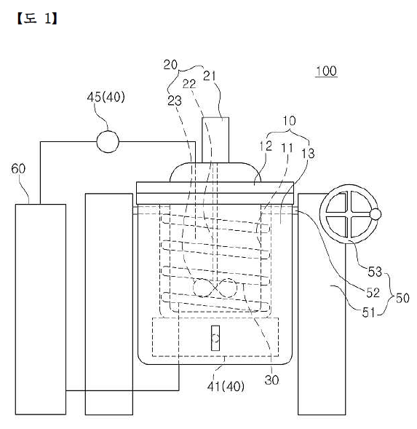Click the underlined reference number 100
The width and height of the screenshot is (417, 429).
point(326,71)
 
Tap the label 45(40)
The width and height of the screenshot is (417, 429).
point(106,97)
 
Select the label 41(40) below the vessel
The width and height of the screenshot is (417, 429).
point(226,386)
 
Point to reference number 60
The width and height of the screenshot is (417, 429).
point(18,168)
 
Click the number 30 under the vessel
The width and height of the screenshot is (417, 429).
point(271,379)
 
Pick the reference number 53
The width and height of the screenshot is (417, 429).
point(375,272)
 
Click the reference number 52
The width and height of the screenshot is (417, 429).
point(373,293)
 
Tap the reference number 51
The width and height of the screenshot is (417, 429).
point(368,312)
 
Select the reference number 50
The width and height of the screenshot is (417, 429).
point(402,298)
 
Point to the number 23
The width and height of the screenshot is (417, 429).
point(175,101)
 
